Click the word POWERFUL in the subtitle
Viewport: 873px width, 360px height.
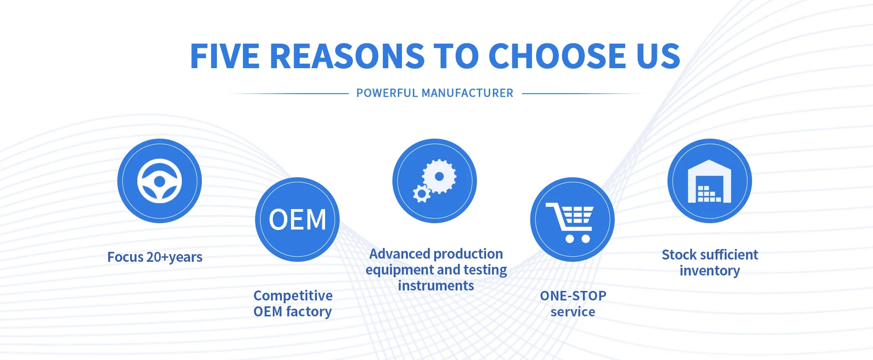tap(387, 93)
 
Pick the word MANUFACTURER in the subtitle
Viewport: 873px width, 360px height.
tap(467, 93)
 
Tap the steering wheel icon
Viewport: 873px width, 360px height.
tap(160, 181)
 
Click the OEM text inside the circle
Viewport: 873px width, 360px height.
tap(297, 220)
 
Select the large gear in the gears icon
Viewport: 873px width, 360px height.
tap(439, 176)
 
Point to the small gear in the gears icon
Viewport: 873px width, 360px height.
tap(421, 194)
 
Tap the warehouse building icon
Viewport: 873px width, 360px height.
tap(709, 181)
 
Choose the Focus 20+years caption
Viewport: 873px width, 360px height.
tap(155, 257)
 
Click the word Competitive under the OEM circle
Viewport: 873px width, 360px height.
tap(293, 295)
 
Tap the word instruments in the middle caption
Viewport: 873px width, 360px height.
tap(436, 285)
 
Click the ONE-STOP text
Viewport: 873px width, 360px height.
tap(573, 296)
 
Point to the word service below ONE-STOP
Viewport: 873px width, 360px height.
tap(573, 312)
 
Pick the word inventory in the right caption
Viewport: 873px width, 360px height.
tap(710, 271)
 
